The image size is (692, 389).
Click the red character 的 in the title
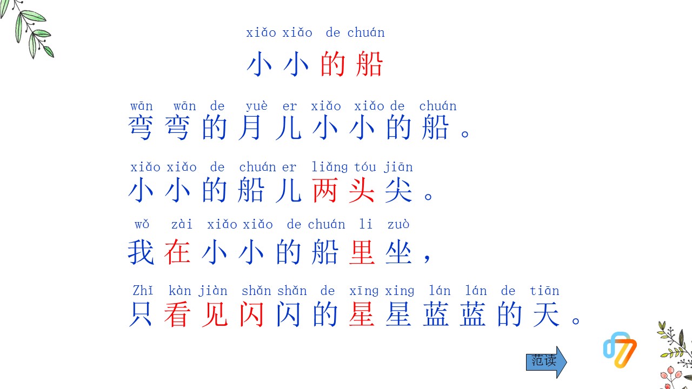(x=333, y=65)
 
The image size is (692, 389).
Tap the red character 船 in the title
(x=370, y=65)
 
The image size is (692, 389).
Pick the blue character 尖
(x=399, y=191)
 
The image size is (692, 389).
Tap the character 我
(x=141, y=252)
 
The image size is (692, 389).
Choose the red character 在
(x=178, y=252)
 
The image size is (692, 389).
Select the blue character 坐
(x=399, y=252)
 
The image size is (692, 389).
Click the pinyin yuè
(x=256, y=106)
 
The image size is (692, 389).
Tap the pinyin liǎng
(x=330, y=167)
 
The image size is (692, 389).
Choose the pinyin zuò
(x=398, y=224)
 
